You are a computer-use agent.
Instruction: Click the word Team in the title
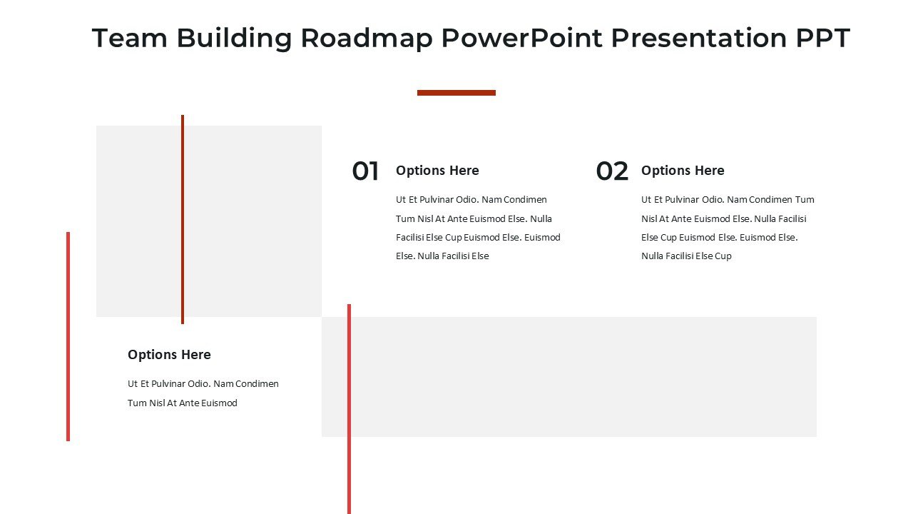tap(130, 38)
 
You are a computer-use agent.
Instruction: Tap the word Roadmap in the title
tap(367, 38)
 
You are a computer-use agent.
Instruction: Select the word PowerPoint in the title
tap(522, 38)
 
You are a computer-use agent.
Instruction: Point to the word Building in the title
tap(234, 39)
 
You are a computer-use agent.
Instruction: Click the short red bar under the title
tap(456, 93)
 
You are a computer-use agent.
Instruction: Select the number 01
tap(366, 171)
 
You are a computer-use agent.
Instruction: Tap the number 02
tap(612, 171)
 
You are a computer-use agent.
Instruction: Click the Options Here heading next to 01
tap(437, 171)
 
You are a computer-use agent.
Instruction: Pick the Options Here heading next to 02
tap(683, 171)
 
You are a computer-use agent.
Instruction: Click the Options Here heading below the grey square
tap(169, 355)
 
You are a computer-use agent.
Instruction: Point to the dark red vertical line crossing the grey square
tap(183, 219)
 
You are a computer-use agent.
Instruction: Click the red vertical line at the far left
tap(68, 336)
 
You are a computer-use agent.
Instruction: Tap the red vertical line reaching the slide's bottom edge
tap(349, 409)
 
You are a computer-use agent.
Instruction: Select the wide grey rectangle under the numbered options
tap(569, 377)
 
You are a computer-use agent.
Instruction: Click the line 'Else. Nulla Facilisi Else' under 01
tap(442, 256)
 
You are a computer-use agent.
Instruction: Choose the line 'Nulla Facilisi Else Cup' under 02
tap(686, 256)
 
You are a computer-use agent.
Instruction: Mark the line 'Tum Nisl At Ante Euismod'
tap(182, 403)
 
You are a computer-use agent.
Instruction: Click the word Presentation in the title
tap(699, 38)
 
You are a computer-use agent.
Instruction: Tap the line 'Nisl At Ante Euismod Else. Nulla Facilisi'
tap(724, 219)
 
